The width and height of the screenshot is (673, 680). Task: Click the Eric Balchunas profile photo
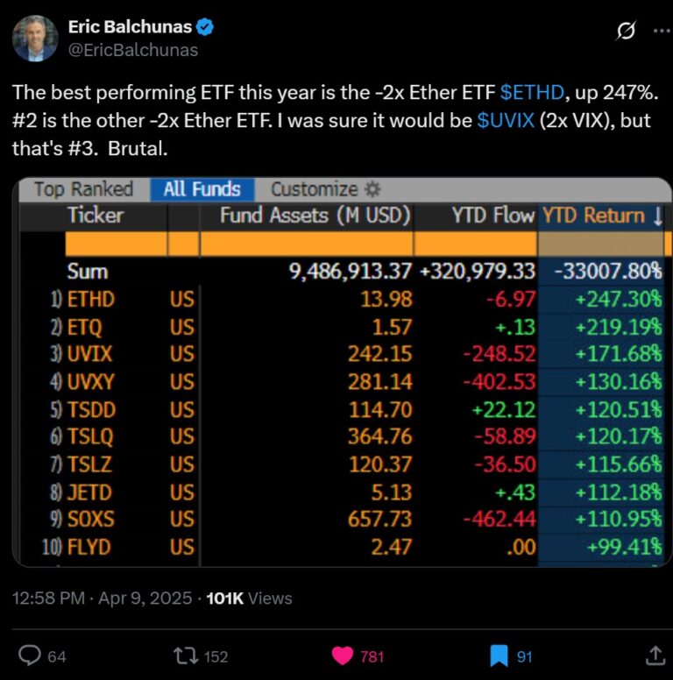[x=35, y=39]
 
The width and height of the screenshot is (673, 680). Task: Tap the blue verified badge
[x=206, y=27]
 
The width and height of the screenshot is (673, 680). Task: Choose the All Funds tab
[x=202, y=189]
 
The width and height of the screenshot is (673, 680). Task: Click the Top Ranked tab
[x=83, y=189]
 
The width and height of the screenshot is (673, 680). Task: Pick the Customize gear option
[x=325, y=189]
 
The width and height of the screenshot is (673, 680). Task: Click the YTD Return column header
[x=602, y=215]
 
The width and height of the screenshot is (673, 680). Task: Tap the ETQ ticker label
[x=85, y=328]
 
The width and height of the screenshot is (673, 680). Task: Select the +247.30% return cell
[x=618, y=300]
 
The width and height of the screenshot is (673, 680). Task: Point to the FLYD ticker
[x=90, y=547]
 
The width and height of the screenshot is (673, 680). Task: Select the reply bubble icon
[x=31, y=655]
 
